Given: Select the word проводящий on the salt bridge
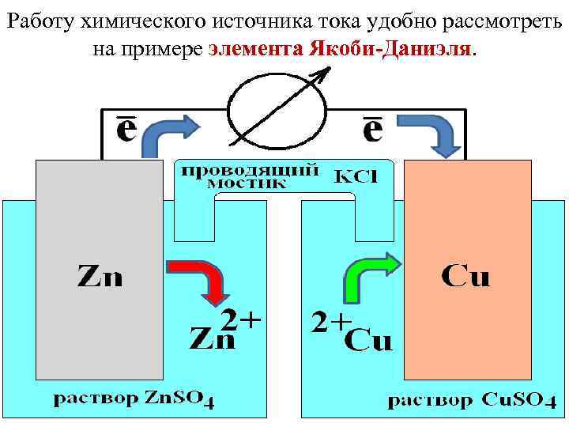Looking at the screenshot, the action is pos(247,169).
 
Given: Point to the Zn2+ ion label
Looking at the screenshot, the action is pos(224,331).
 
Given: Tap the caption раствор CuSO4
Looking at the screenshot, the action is pos(466,400).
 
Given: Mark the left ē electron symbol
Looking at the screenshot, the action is pos(125,131).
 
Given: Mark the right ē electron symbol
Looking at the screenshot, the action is pos(371,131).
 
